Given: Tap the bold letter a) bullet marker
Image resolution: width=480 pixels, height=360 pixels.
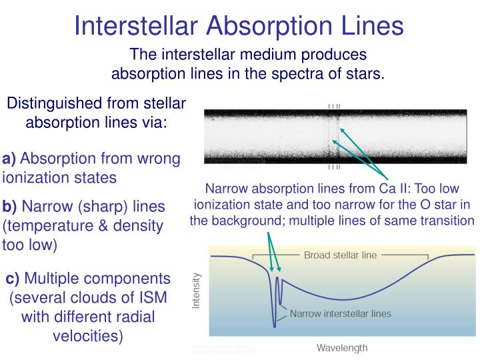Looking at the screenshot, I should click(9, 159).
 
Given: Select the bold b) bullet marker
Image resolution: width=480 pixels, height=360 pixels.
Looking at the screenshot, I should click(10, 206).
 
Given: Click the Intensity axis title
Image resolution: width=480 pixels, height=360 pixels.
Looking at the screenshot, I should click(197, 292).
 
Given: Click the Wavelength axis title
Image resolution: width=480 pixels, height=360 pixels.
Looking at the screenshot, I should click(341, 348).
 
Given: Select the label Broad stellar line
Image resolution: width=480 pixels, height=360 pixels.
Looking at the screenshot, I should click(340, 255).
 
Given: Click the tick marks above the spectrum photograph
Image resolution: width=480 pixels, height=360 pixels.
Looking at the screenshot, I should click(334, 105).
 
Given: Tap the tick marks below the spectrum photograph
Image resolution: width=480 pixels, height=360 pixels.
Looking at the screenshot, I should click(334, 167).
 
